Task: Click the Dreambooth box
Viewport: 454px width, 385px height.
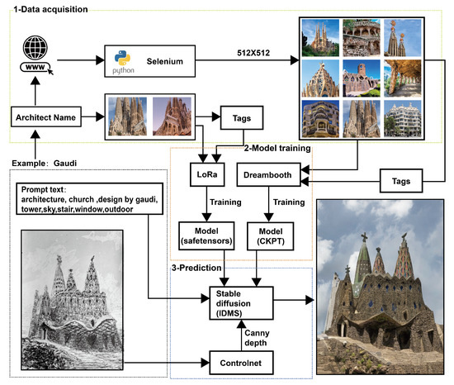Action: click(267, 176)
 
